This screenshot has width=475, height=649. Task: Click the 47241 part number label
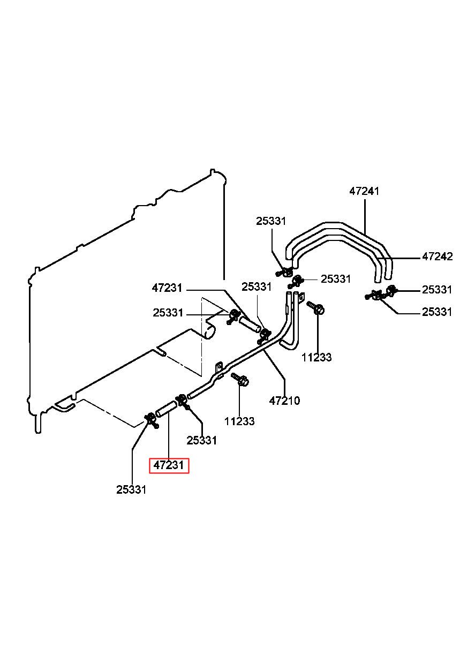tap(364, 191)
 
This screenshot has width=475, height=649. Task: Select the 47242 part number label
tap(437, 256)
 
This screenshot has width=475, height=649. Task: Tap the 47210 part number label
tap(284, 401)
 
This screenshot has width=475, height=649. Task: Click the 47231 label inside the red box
tap(169, 465)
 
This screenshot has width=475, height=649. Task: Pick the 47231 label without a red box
tap(167, 288)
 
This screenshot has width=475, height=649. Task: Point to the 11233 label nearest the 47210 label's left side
tap(239, 421)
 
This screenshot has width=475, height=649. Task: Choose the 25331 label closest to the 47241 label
tap(271, 221)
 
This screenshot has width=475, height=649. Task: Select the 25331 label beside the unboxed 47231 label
tap(168, 313)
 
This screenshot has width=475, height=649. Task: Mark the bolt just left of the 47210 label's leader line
tap(240, 380)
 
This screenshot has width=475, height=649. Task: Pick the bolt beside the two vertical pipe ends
tap(315, 307)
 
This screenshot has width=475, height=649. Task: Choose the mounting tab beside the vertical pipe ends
tap(301, 297)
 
